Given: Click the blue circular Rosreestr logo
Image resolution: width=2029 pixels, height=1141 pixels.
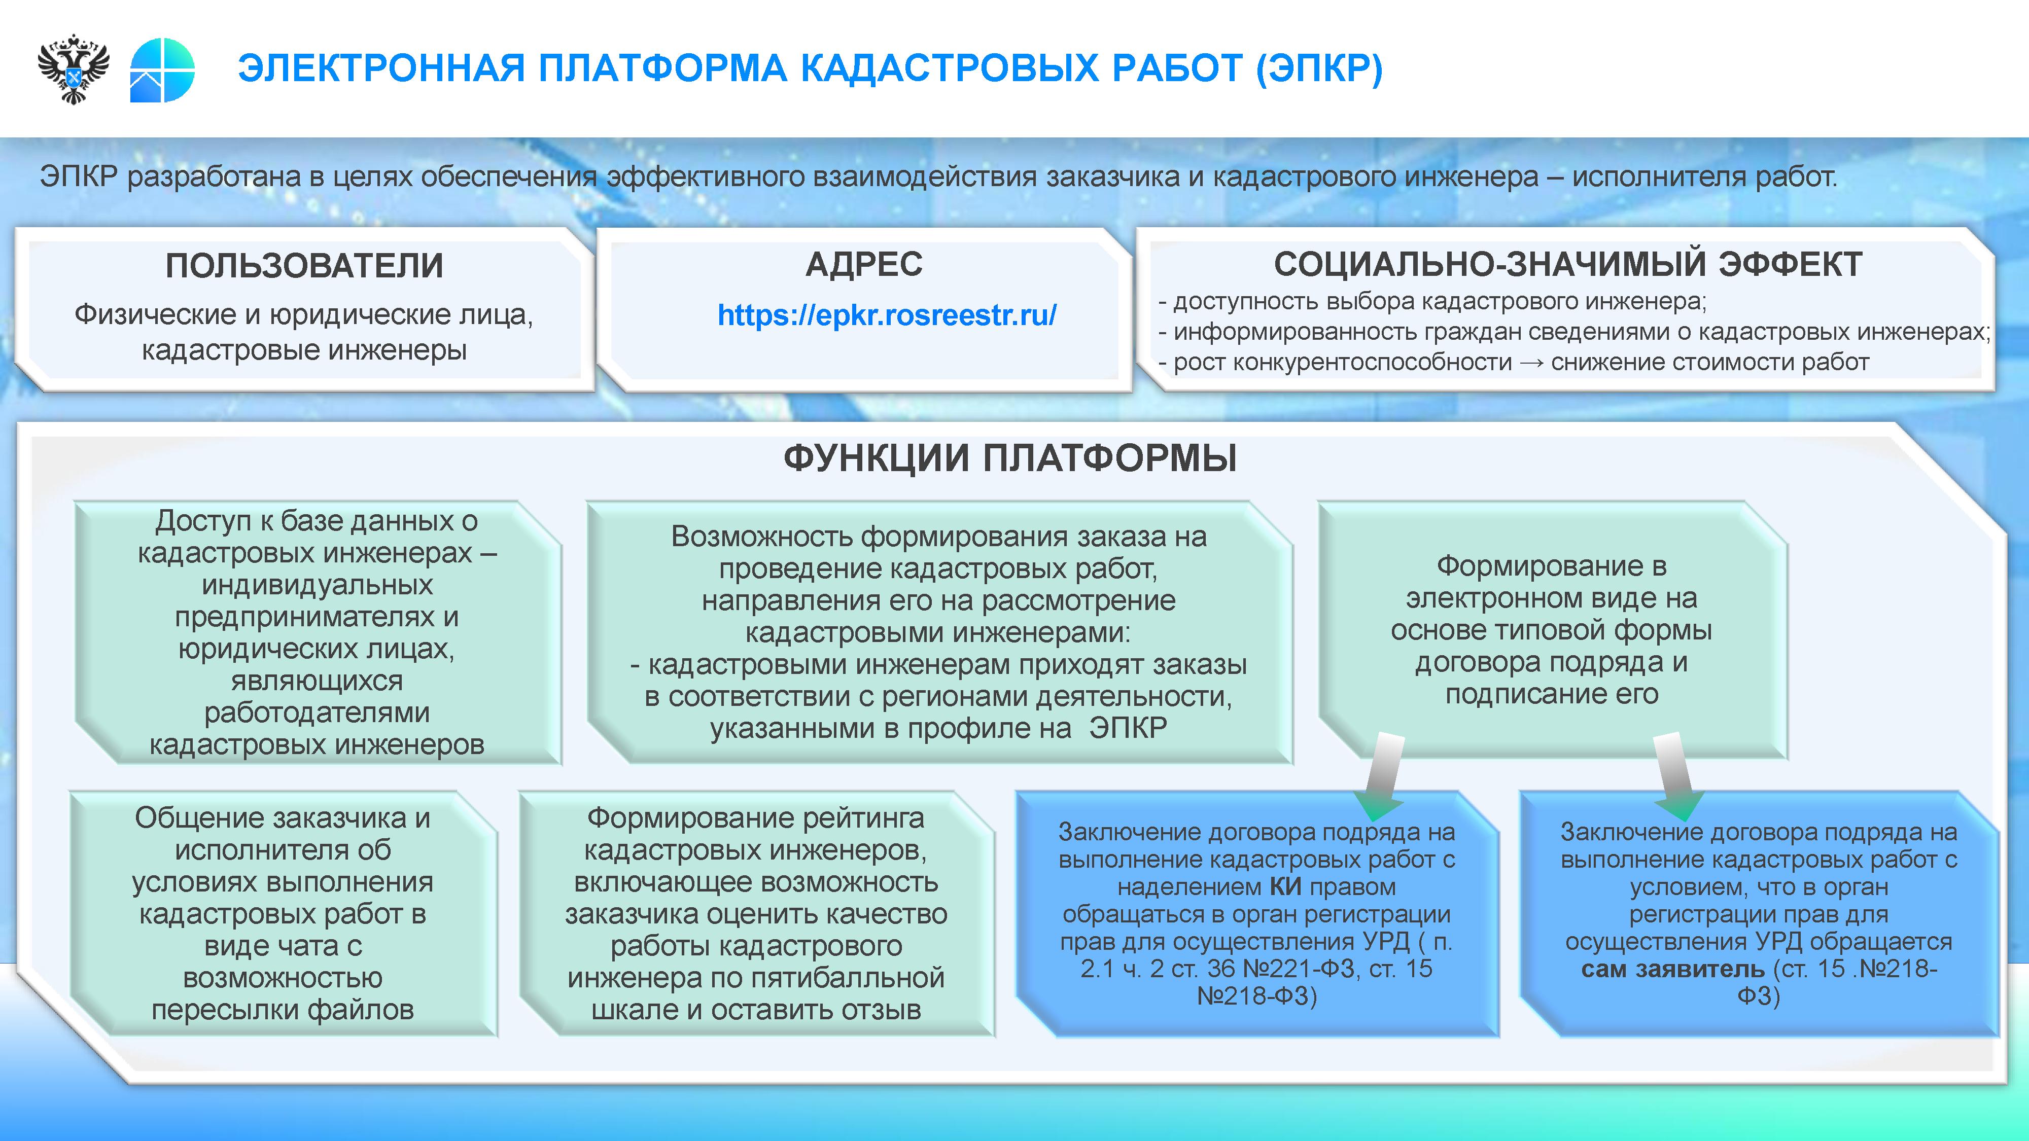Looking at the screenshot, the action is pyautogui.click(x=162, y=70).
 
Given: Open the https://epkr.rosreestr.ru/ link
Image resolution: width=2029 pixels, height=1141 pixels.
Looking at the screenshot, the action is pyautogui.click(x=887, y=315).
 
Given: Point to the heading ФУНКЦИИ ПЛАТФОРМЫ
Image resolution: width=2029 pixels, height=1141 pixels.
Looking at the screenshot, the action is pyautogui.click(x=1010, y=457).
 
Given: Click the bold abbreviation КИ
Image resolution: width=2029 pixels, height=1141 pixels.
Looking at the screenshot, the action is pyautogui.click(x=1285, y=886).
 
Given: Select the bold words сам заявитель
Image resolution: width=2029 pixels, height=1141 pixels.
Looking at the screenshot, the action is pyautogui.click(x=1672, y=969).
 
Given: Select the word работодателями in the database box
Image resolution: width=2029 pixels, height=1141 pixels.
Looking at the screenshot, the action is pyautogui.click(x=317, y=712).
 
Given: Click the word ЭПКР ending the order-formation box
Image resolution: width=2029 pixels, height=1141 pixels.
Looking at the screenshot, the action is pyautogui.click(x=1128, y=728).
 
